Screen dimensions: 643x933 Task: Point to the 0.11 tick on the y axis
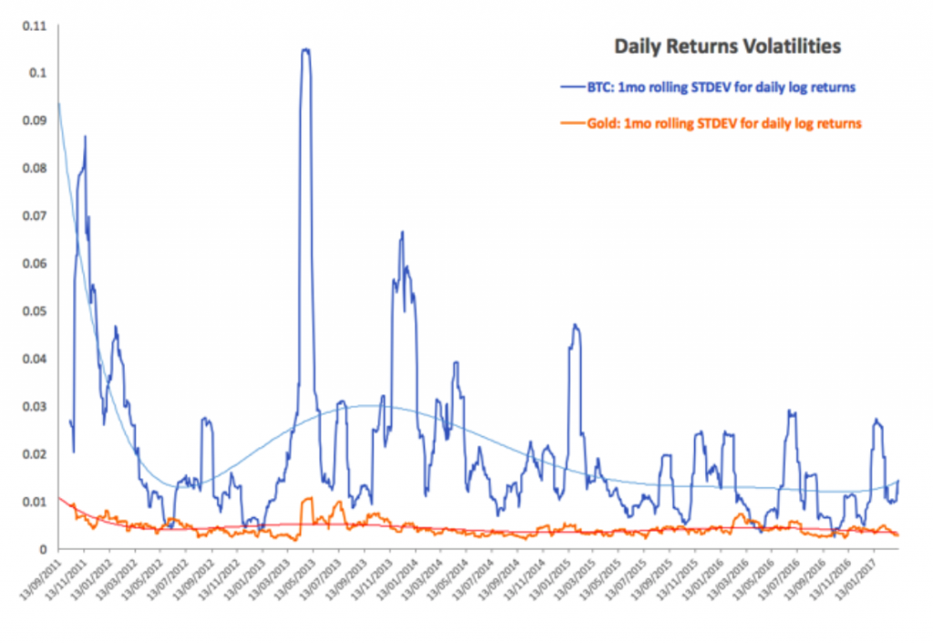click(35, 26)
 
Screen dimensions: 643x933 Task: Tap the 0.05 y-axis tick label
click(35, 311)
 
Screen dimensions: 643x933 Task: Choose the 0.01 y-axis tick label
click(35, 502)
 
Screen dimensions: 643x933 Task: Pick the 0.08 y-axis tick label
click(35, 168)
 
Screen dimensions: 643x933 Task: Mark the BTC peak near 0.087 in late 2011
click(85, 137)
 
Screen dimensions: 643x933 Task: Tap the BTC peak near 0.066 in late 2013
click(402, 232)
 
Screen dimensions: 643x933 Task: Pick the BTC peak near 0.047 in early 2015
click(575, 324)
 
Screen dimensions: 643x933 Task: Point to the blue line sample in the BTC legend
click(571, 87)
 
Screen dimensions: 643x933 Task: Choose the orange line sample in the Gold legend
click(571, 123)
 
